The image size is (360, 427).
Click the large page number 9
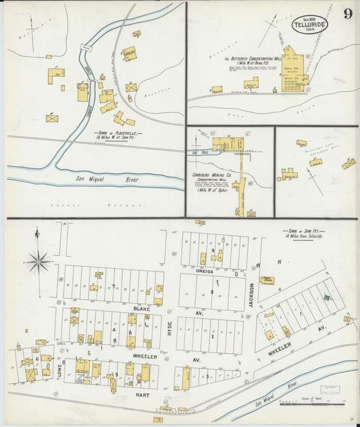(346, 14)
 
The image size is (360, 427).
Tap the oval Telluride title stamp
(309, 25)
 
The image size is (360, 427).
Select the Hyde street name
(170, 328)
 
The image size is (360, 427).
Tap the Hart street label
(140, 393)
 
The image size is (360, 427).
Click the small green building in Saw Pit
(327, 297)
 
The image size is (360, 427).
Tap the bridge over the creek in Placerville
(85, 47)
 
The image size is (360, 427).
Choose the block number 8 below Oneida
(212, 291)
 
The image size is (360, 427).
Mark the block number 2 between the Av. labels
(212, 336)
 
